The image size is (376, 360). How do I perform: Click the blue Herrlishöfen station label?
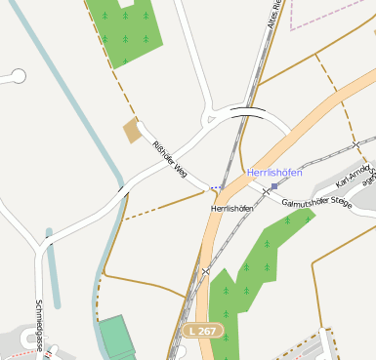[274, 173]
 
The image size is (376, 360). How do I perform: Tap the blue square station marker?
[274, 185]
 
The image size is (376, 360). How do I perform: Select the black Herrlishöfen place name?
[231, 209]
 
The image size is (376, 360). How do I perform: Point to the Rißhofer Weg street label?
[169, 159]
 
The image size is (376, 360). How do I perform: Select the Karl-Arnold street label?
[354, 175]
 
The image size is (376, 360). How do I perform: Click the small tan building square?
[132, 131]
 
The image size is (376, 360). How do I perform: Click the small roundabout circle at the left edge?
[17, 75]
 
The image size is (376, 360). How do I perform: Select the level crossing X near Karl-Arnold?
[356, 144]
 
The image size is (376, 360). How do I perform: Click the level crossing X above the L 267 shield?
[206, 271]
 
